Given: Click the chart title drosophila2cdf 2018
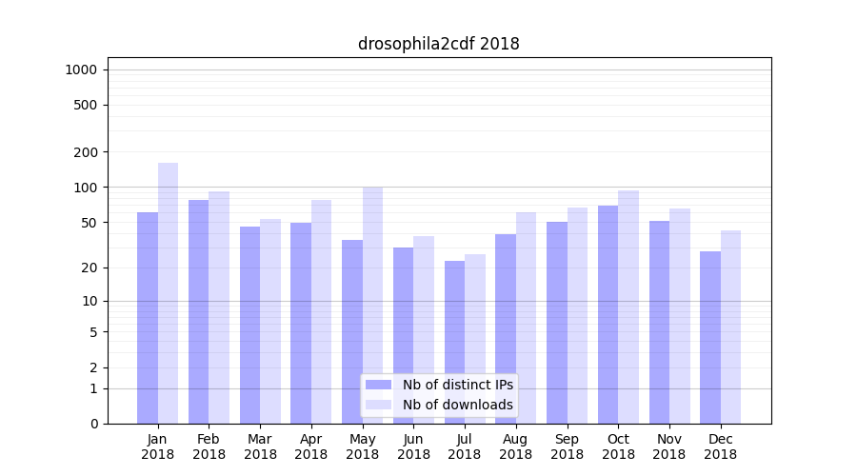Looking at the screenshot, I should [x=438, y=44].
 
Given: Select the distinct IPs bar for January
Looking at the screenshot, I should [x=148, y=318].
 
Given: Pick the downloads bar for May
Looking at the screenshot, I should [x=372, y=305].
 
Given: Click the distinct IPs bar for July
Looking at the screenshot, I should [x=454, y=342].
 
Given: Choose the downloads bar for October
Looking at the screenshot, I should [x=628, y=307].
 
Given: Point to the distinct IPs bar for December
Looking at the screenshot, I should [x=710, y=337].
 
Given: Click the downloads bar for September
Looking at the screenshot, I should [x=577, y=315].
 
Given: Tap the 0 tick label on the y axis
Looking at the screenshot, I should [x=93, y=424].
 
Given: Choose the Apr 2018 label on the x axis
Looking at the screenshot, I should [x=311, y=446].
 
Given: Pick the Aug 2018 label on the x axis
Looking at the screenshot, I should [x=515, y=446].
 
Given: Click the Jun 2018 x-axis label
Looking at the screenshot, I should [x=413, y=446].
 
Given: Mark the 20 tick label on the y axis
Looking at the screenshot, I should [x=88, y=268].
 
